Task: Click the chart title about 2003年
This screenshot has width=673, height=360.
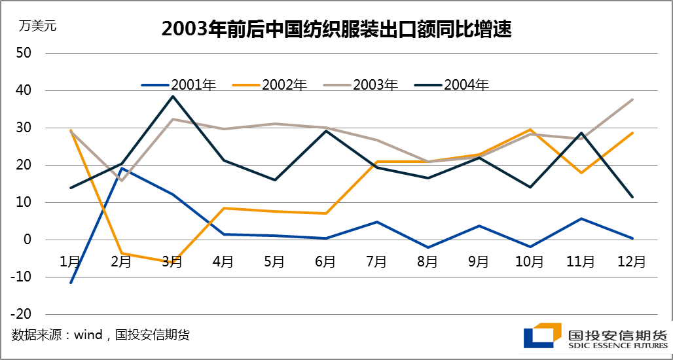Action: [x=336, y=29]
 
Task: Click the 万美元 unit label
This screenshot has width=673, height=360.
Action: [x=38, y=27]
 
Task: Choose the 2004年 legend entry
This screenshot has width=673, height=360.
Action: [x=466, y=84]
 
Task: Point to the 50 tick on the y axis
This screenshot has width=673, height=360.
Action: [x=24, y=53]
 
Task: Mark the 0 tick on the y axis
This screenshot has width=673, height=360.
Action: [x=27, y=240]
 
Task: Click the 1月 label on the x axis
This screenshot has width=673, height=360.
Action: [x=70, y=262]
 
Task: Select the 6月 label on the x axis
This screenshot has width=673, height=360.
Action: [x=325, y=262]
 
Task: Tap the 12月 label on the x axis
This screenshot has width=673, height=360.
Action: [x=632, y=262]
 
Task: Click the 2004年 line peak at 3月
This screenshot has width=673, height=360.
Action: [x=172, y=96]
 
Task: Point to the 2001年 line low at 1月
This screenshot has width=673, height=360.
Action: [x=70, y=283]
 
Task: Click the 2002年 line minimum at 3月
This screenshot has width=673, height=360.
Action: [x=172, y=262]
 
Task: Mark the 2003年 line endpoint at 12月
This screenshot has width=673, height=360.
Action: [x=632, y=99]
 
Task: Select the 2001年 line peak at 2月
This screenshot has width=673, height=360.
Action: [x=122, y=168]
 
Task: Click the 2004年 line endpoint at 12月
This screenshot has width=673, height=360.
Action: [x=632, y=197]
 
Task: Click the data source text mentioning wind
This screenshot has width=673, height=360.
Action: [x=101, y=335]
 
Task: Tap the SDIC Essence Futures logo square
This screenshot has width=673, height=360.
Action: [x=543, y=334]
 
